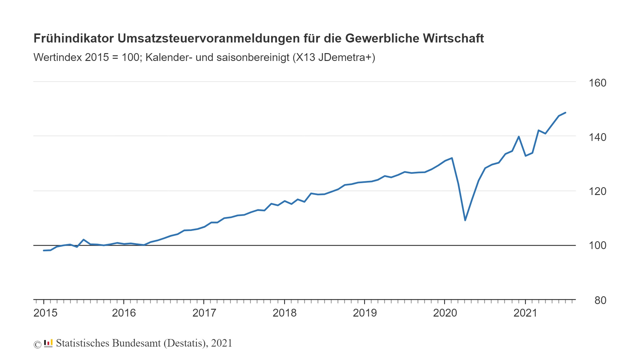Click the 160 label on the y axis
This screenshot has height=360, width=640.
(597, 83)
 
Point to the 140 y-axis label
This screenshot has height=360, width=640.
(597, 137)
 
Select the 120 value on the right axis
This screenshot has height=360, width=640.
(597, 191)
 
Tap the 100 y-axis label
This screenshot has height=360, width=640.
(597, 245)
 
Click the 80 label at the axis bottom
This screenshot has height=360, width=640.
(600, 300)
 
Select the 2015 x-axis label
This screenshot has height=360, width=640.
(45, 313)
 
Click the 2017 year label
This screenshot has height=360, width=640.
(204, 313)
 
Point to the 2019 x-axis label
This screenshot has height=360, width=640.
(365, 313)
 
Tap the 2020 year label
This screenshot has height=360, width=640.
(445, 313)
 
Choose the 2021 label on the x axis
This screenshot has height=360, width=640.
(525, 313)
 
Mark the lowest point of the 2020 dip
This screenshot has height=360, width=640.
(465, 220)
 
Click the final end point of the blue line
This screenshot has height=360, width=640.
(565, 113)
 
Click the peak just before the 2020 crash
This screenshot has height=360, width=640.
(452, 158)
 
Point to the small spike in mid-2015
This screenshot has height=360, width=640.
(83, 240)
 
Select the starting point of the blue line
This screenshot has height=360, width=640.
(44, 250)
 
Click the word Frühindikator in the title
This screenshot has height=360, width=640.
(73, 38)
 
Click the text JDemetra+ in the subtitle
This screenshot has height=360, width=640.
(346, 57)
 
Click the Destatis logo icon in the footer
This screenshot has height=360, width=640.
(48, 343)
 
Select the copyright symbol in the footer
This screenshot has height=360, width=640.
(37, 344)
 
